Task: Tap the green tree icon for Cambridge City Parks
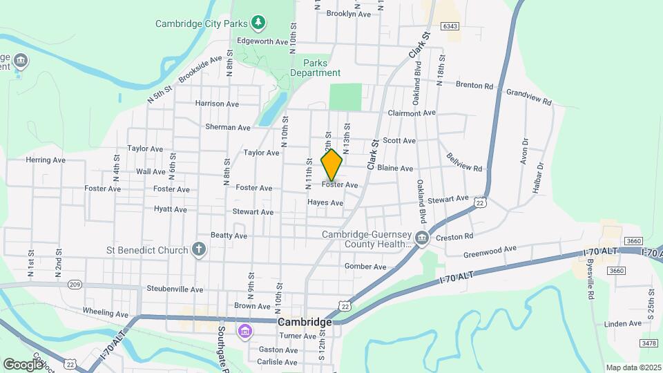coord(258,23)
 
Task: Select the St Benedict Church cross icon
coord(198,249)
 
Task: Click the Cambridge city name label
coord(305,322)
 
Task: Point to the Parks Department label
coord(315,68)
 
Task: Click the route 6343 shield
coord(450,26)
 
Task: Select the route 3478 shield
coord(648,343)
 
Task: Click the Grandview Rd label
coord(529,97)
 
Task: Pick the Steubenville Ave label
coord(175,289)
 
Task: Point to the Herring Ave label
coord(46,160)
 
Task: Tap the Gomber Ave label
coord(365,267)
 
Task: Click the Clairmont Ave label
coord(412,113)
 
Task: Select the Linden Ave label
coord(622,323)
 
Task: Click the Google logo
coord(23,364)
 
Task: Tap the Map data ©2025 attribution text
coord(633,367)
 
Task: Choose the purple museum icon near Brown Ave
coord(244,332)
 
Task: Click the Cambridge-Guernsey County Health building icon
coord(423,239)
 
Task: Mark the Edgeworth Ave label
coord(262,41)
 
